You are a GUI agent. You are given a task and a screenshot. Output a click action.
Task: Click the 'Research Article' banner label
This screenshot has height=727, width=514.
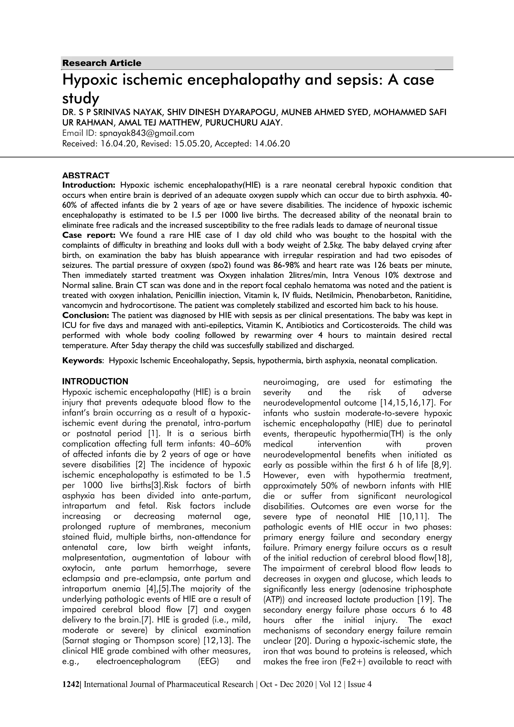102,63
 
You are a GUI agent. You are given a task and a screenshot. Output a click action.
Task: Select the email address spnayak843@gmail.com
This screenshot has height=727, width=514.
147,133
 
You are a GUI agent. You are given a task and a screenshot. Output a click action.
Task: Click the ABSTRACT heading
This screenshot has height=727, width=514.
86,175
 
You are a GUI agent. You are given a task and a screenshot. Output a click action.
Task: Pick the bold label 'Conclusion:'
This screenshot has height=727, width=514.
85,315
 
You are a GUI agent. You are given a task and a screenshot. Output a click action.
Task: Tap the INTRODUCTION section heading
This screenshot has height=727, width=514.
95,381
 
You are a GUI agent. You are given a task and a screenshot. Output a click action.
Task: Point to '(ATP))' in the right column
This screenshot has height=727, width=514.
274,599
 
